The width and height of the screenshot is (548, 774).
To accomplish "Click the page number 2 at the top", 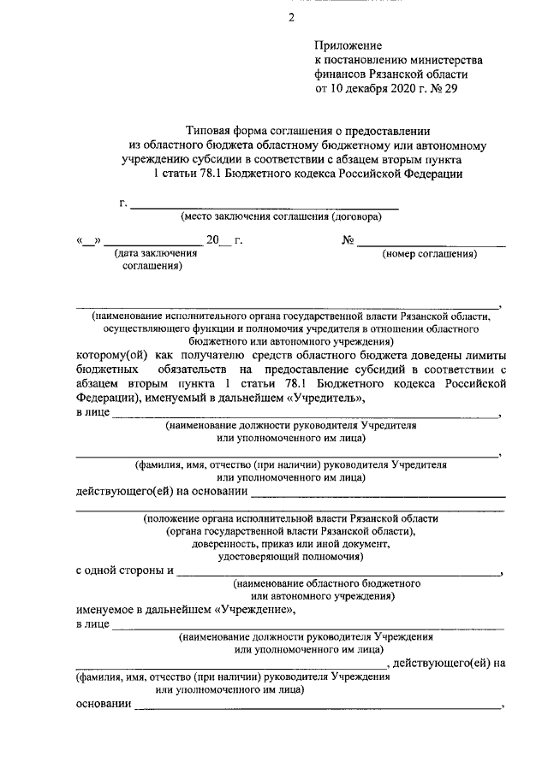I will tap(291, 17).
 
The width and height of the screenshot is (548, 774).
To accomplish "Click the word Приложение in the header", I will tap(348, 44).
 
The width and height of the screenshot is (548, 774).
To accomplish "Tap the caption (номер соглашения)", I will tap(430, 254).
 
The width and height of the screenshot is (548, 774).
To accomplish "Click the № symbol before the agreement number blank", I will tap(348, 240).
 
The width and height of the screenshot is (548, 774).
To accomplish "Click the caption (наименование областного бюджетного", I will tap(326, 582).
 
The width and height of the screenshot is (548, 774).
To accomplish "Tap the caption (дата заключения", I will tap(151, 254).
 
